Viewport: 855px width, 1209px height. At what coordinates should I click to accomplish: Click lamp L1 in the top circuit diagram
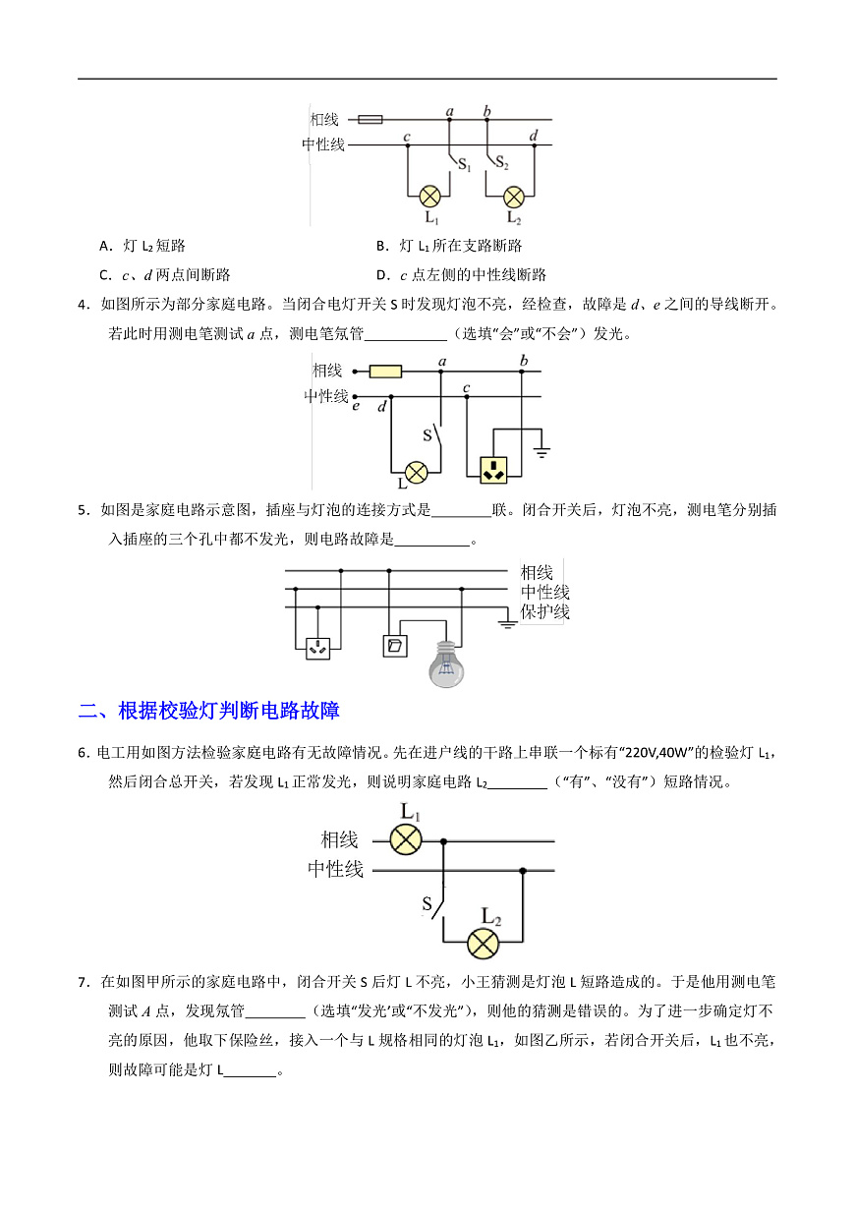click(x=429, y=197)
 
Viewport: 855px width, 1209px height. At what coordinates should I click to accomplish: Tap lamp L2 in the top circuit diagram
click(x=513, y=197)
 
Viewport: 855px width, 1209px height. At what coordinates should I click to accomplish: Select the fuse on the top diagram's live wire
click(x=370, y=119)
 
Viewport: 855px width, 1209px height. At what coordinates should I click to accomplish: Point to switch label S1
click(x=464, y=164)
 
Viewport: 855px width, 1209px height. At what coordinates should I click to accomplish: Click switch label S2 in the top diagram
click(x=501, y=162)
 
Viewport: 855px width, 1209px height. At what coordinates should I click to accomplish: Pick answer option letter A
click(x=105, y=247)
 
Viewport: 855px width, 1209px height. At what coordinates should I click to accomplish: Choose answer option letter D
click(x=381, y=276)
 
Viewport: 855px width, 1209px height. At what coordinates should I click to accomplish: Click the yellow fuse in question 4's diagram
click(x=385, y=372)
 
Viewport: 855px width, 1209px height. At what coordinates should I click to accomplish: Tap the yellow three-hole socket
click(x=493, y=470)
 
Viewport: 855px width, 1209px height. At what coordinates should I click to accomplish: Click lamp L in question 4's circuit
click(x=416, y=473)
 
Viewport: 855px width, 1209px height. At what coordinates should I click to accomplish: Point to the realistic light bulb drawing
click(x=446, y=663)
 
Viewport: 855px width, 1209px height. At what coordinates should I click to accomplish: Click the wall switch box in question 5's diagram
click(x=395, y=646)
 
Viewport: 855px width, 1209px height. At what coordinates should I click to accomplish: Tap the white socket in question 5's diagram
click(x=318, y=648)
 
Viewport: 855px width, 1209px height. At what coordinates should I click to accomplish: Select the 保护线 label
click(x=544, y=612)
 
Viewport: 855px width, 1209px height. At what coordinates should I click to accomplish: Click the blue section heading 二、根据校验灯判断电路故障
click(x=209, y=711)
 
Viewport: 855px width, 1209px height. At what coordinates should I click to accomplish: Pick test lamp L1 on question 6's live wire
click(x=405, y=839)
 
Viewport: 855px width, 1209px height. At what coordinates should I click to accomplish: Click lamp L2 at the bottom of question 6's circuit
click(x=484, y=944)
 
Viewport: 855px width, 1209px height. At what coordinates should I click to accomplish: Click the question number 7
click(x=83, y=982)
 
